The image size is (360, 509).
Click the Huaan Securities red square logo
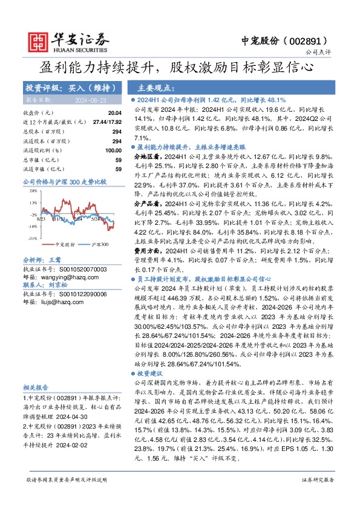38,40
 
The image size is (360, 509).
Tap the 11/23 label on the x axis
59,219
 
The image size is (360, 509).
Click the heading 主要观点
155,87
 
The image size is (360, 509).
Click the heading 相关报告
35,403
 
